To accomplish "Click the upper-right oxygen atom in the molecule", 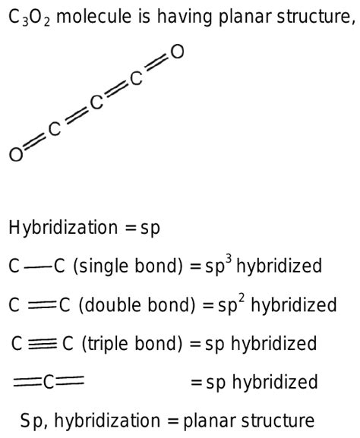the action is tap(177, 52).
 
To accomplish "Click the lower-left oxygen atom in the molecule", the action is tap(16, 154).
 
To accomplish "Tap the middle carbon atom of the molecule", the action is tap(96, 102).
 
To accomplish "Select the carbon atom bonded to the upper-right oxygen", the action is tap(137, 78).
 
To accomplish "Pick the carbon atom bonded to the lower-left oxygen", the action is tap(55, 129).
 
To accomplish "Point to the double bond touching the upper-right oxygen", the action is tap(157, 64).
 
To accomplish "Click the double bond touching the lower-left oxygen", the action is tap(35, 142).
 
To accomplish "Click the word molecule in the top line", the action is tap(93, 16).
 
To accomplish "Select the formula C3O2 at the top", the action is tap(30, 17).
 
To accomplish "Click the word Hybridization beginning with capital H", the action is tap(63, 228).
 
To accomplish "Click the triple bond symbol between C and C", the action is tap(43, 343).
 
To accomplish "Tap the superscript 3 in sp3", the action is tap(229, 260).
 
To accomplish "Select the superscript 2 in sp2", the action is tap(242, 299).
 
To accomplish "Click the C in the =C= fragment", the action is tap(49, 382).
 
